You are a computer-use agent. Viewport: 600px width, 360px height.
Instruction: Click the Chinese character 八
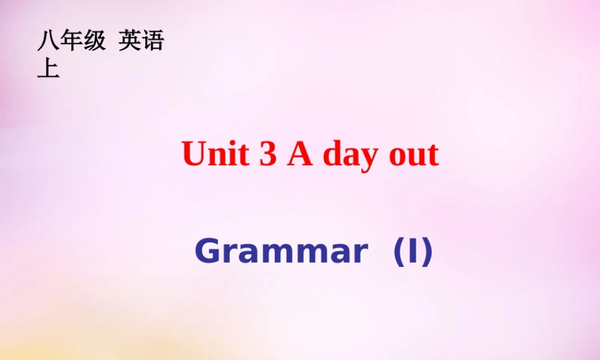[x=48, y=41]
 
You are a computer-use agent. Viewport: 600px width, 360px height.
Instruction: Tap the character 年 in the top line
[x=71, y=41]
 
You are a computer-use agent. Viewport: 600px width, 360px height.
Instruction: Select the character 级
[x=94, y=41]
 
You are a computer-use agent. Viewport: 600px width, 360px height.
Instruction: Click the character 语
[x=152, y=41]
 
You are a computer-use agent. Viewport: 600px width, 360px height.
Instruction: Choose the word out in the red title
[x=414, y=155]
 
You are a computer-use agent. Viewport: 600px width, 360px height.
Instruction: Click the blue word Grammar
[x=280, y=252]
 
